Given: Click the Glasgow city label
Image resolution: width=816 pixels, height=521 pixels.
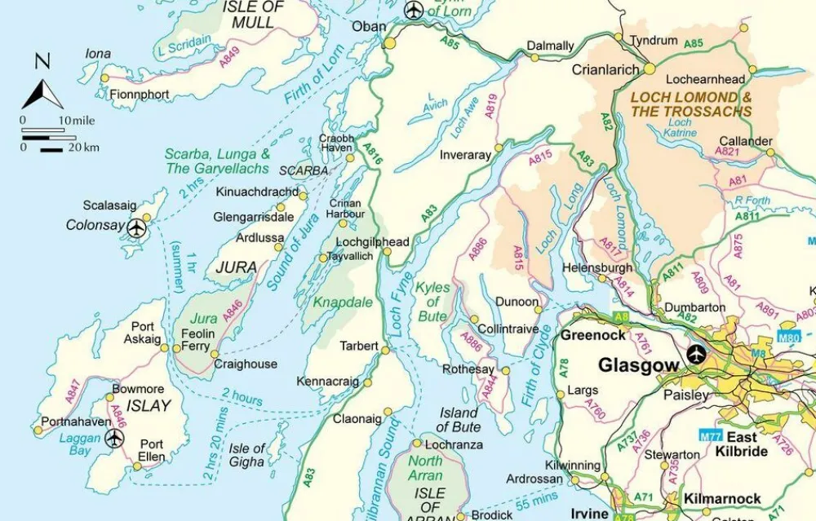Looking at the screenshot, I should pos(639,365).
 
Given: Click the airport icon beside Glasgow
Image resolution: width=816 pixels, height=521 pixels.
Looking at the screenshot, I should pos(696,355).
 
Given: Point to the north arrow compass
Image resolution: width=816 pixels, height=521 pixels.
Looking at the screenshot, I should pos(42,84).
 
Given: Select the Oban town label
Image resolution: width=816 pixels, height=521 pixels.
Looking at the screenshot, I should pos(369,27).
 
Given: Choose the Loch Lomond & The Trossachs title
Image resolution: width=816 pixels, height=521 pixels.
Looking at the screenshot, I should pos(691,104).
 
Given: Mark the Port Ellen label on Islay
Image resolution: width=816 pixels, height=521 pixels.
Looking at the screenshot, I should pos(151,450).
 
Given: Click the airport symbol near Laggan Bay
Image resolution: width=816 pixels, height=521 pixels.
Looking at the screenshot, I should pos(115,438).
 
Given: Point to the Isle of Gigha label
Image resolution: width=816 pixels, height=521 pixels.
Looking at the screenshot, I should pos(246,455).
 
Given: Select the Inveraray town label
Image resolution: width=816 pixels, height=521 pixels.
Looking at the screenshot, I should pos(465,155).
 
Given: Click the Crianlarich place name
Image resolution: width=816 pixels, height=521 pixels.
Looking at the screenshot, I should pos(605,70).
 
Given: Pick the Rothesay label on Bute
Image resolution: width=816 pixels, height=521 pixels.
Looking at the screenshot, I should pos(468,369).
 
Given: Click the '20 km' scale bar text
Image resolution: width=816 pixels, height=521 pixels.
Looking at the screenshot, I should pos(83,148).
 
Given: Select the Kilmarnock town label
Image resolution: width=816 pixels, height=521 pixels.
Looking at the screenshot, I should pos(722,498).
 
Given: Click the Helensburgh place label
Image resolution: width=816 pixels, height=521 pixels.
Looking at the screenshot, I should pos(598,267).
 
